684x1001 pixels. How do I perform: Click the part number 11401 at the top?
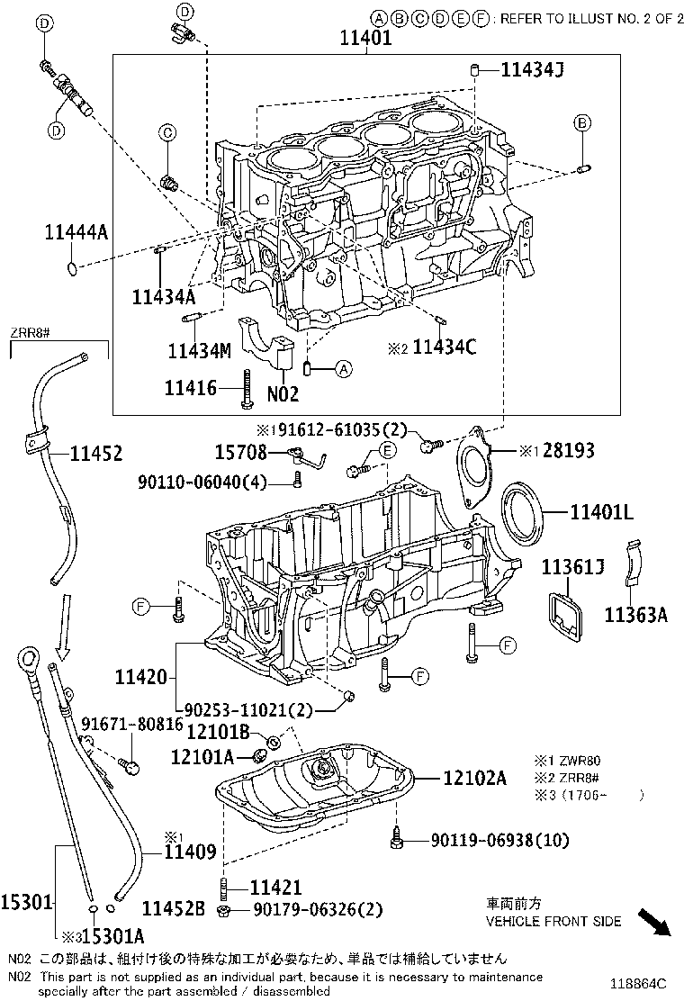pos(366,39)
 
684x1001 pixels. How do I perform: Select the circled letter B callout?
pos(583,122)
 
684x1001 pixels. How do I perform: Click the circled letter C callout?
pos(167,133)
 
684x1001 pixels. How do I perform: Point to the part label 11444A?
pos(76,232)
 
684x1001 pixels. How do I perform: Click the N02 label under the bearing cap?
pos(282,392)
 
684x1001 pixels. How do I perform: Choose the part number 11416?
pos(190,387)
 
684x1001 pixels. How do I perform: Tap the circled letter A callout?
pos(344,368)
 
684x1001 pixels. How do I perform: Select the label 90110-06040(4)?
pos(202,482)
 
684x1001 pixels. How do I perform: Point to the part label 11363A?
pos(635,615)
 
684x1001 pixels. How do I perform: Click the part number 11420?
pos(140,675)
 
